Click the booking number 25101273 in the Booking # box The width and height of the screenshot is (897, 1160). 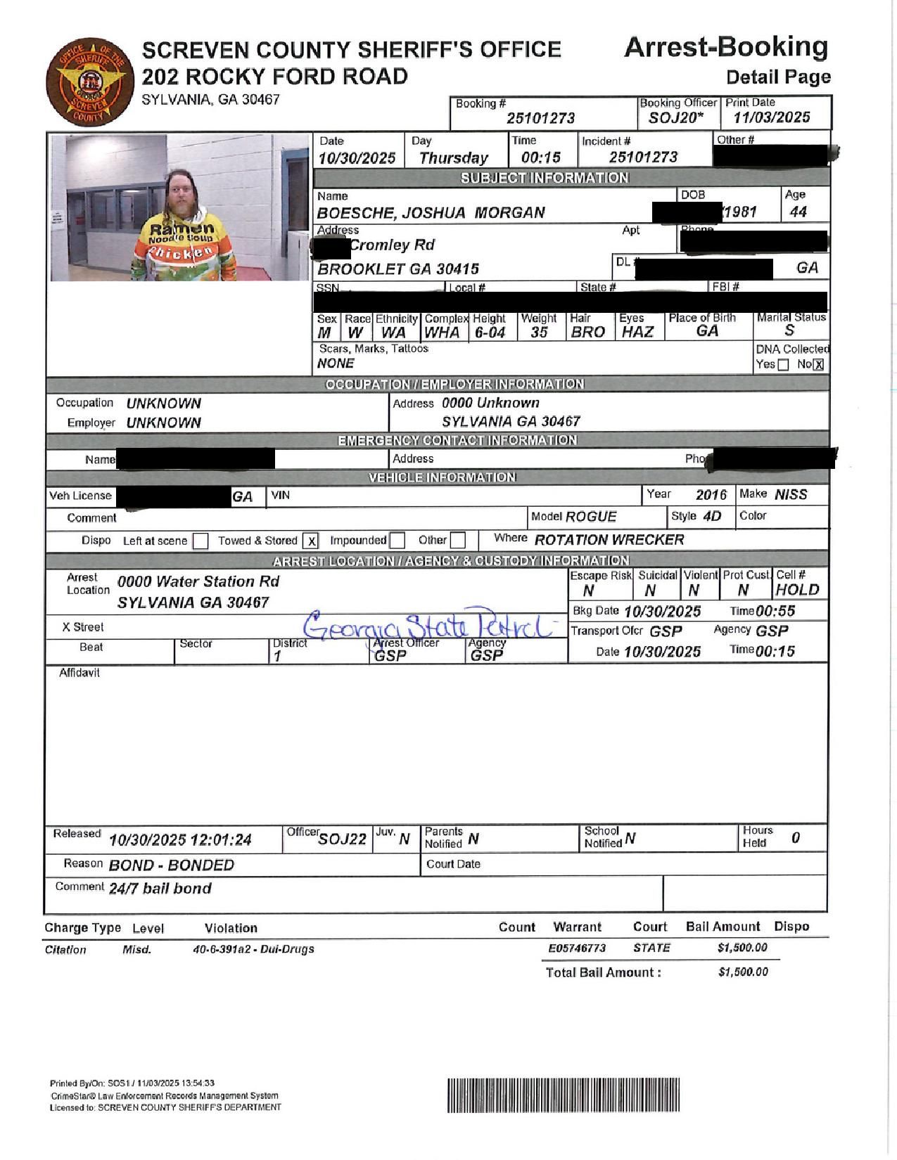point(541,118)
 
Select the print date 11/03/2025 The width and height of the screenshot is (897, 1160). point(772,117)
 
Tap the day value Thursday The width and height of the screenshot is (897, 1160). point(454,158)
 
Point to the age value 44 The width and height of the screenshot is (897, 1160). point(799,212)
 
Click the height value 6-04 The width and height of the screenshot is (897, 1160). point(490,333)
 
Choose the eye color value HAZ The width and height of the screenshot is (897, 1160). point(637,332)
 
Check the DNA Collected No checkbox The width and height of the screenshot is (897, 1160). point(818,364)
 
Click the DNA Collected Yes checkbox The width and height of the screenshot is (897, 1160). point(783,364)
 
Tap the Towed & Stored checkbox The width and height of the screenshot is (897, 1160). point(310,541)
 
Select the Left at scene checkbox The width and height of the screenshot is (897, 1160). point(201,541)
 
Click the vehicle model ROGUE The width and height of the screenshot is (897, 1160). point(591,517)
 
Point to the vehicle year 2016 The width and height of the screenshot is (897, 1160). point(711,495)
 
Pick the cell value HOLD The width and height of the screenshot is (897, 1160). point(797,590)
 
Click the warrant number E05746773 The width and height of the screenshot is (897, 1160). point(577,948)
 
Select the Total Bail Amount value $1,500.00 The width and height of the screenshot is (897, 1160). point(743,972)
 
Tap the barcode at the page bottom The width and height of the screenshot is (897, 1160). point(563,1095)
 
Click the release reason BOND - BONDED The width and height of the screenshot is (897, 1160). point(171,865)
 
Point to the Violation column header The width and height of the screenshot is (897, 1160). point(231,928)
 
